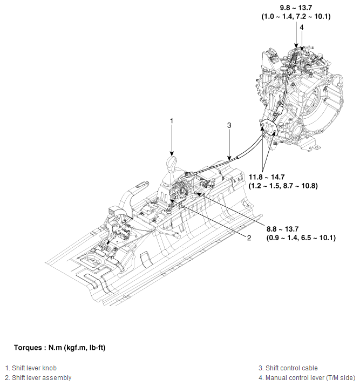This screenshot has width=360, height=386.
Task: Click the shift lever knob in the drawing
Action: click(172, 164)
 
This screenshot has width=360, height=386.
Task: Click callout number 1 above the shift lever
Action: click(172, 120)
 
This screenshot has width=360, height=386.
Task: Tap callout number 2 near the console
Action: click(249, 238)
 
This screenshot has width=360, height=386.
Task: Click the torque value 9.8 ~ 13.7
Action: click(296, 8)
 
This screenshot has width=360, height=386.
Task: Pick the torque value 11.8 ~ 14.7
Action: click(269, 177)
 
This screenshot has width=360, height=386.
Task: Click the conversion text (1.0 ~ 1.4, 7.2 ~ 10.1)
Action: click(296, 17)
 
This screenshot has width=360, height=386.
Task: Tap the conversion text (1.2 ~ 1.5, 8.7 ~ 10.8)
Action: click(283, 186)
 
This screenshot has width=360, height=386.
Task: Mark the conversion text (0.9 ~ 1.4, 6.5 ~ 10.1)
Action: click(301, 238)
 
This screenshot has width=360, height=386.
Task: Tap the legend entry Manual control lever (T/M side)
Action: click(305, 377)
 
